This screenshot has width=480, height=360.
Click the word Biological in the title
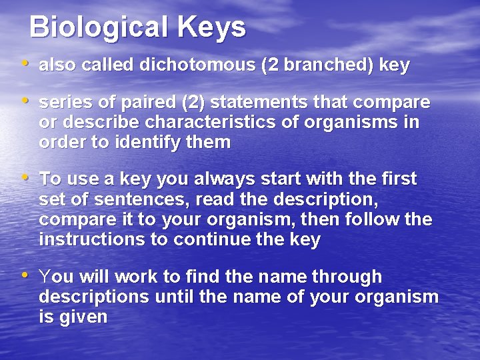pos(99,28)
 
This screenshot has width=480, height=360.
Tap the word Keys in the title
pos(211,28)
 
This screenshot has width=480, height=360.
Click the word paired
pos(152,103)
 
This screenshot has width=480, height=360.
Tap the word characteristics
pos(207,123)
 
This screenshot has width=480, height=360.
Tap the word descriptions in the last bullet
pos(95,296)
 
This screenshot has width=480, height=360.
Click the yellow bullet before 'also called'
pos(25,64)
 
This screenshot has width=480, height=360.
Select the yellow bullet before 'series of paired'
pos(25,102)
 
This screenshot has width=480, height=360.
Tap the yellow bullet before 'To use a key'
pos(25,178)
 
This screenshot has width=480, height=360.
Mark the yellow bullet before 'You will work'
pos(25,275)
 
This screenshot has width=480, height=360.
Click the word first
pos(397,179)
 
